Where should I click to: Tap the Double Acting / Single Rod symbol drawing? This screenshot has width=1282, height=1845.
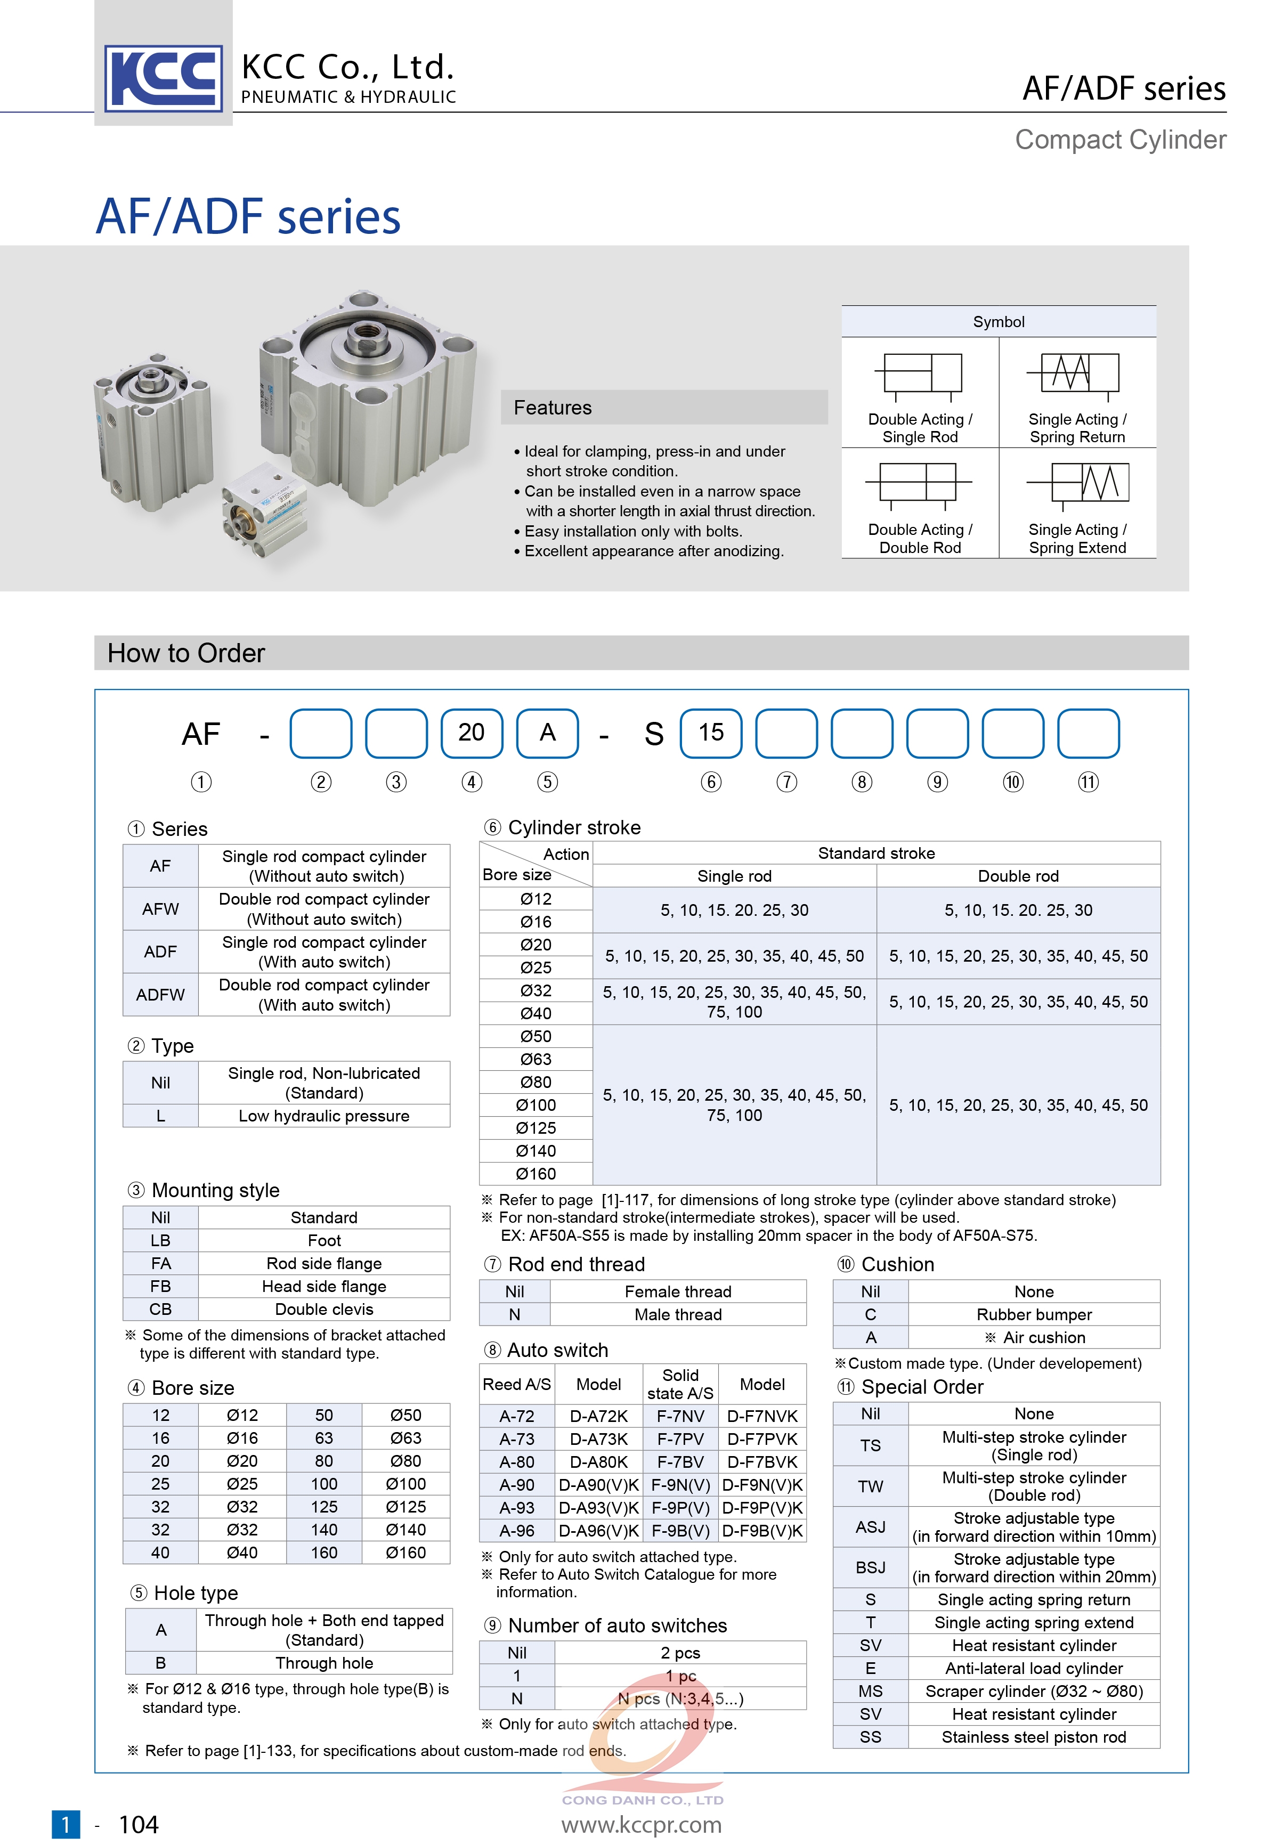click(x=918, y=376)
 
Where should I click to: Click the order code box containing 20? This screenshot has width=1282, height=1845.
click(x=472, y=733)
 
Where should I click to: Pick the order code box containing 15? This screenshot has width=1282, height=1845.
click(x=710, y=733)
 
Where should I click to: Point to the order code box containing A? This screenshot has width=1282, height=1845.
click(x=547, y=733)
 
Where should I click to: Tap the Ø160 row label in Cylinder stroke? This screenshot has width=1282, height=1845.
click(x=536, y=1174)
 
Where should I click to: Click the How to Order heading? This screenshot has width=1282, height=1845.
click(x=186, y=653)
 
